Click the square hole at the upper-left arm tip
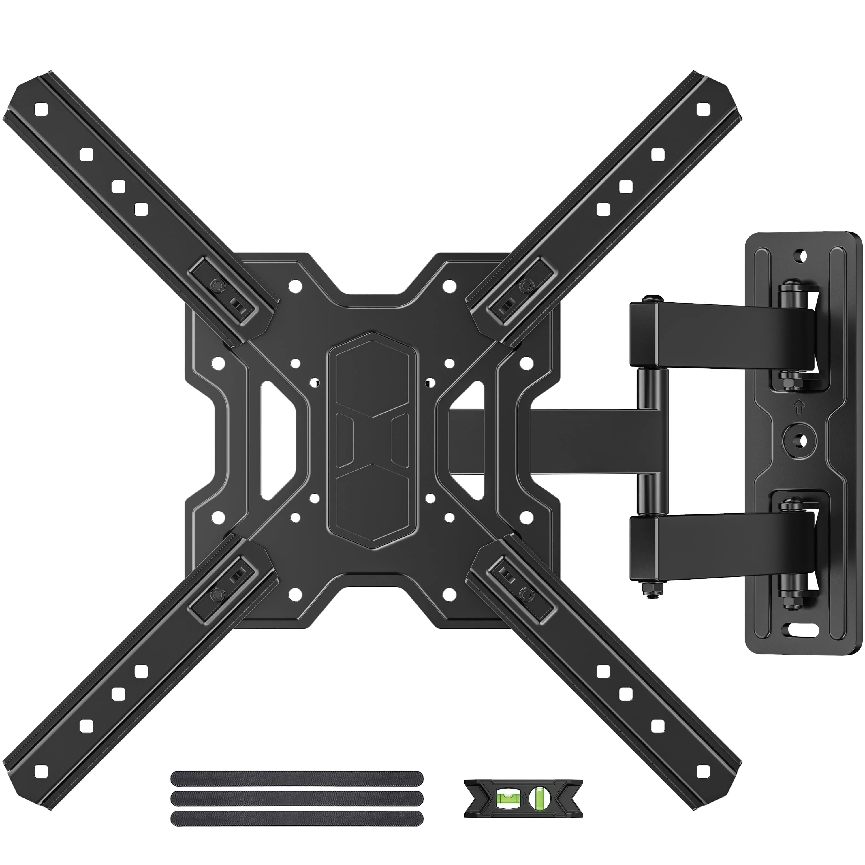tap(41, 109)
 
